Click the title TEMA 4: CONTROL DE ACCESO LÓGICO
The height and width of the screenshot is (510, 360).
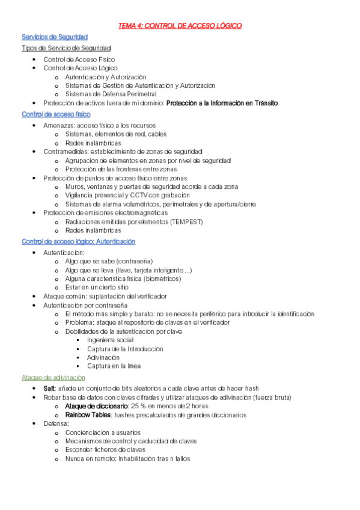click(180, 26)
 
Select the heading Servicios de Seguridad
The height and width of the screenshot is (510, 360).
click(55, 37)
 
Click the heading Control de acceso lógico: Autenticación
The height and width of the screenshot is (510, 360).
click(78, 242)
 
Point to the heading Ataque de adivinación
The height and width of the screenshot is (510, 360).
click(53, 377)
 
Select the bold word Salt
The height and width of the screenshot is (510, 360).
click(49, 389)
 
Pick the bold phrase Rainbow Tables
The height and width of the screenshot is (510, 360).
click(88, 415)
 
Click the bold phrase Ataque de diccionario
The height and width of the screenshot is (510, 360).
click(97, 406)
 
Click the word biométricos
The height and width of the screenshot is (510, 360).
click(162, 278)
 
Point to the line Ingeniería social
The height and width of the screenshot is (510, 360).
click(110, 340)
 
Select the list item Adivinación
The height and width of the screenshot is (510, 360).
click(103, 357)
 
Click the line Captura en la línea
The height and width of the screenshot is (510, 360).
click(114, 366)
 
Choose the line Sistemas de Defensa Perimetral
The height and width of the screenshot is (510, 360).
click(111, 94)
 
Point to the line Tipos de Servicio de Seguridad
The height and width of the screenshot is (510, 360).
click(66, 48)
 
